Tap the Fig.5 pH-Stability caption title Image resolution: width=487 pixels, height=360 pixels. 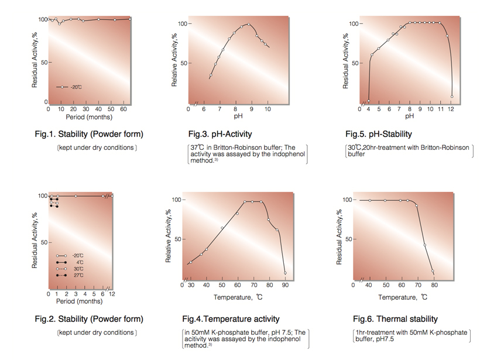pos(379,135)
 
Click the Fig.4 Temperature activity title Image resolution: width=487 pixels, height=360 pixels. pos(231,319)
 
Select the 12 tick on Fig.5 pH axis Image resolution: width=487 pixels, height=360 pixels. pos(451,109)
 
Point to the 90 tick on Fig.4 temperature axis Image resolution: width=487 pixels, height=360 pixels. pos(285,285)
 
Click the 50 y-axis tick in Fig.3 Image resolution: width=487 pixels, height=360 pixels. pos(182,63)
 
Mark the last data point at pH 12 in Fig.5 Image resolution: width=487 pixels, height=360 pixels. pos(451,97)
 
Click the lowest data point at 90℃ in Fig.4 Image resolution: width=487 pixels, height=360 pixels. pos(285,273)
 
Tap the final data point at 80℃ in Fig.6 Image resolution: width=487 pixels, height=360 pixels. pos(433,272)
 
